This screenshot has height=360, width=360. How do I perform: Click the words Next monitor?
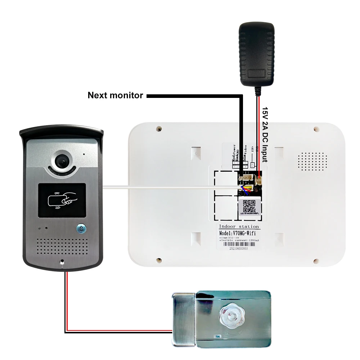click(115, 95)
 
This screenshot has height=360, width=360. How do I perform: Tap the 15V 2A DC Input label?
click(265, 134)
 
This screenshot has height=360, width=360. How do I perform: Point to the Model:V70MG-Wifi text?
click(239, 233)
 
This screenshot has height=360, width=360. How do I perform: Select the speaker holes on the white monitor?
click(313, 161)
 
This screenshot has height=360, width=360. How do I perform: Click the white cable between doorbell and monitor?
click(162, 186)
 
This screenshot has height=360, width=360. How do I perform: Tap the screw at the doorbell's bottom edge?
click(62, 262)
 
